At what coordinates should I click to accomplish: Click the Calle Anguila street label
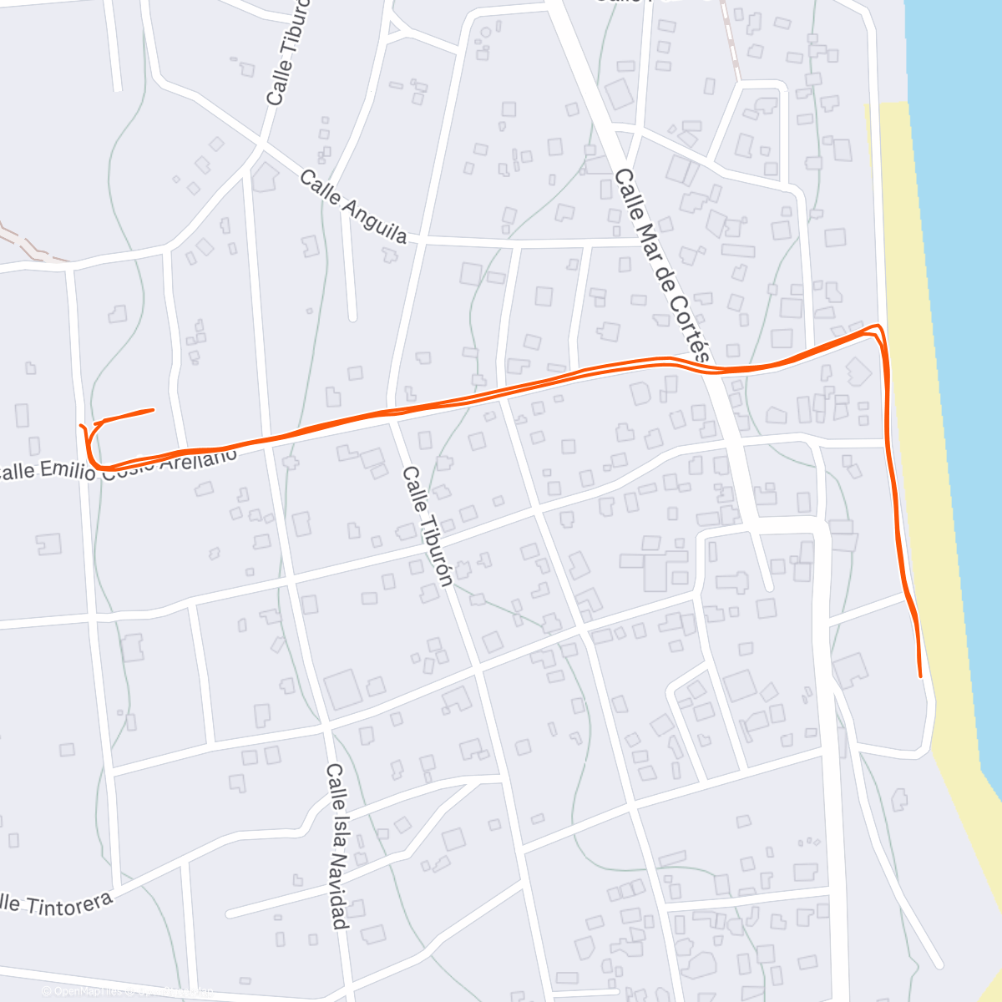(x=352, y=206)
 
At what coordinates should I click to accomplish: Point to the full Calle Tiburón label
(x=428, y=526)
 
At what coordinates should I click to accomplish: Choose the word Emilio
(x=71, y=469)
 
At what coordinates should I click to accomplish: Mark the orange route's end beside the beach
(x=920, y=676)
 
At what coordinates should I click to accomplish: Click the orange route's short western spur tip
(x=153, y=410)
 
